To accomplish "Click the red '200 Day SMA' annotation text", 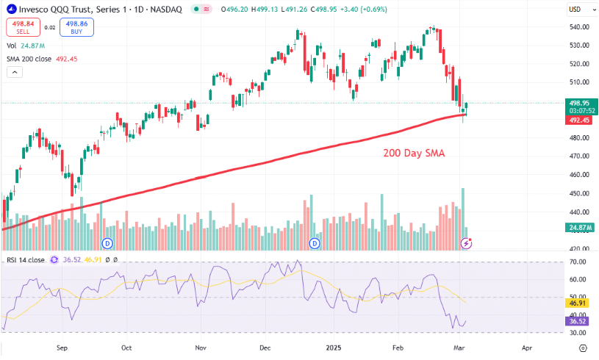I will [414, 154].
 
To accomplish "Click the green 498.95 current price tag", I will [579, 103].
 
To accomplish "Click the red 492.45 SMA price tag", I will [579, 120].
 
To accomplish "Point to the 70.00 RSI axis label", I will [578, 262].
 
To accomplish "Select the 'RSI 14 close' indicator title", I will [26, 260].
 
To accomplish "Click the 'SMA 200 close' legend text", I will [29, 59].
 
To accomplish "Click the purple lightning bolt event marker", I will [465, 242].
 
